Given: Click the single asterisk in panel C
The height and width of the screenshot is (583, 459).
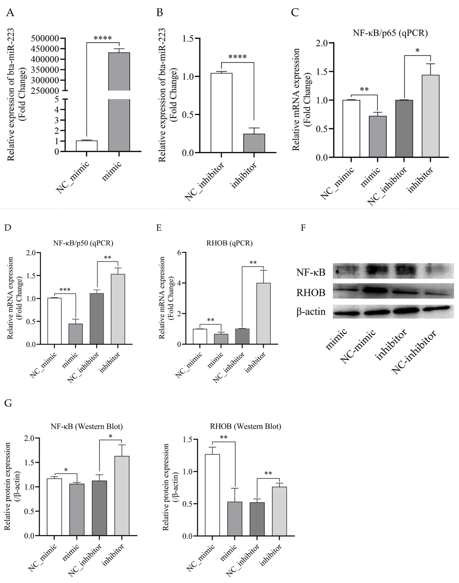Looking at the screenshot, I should [x=417, y=50].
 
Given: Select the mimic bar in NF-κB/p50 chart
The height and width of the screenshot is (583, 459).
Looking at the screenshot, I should [x=76, y=334].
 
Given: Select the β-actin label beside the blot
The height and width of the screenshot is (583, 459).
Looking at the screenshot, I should [x=311, y=312].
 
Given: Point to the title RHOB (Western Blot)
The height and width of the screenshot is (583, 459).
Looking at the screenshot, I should [x=245, y=426].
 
